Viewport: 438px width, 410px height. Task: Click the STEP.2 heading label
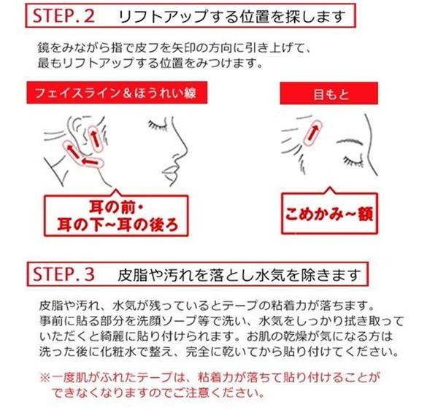click(x=64, y=16)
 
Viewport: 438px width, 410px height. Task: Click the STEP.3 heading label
click(x=64, y=274)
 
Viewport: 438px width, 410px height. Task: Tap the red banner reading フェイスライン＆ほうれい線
click(x=117, y=93)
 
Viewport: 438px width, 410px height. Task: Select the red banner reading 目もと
click(x=329, y=93)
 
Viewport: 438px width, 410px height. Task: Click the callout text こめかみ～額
click(x=329, y=214)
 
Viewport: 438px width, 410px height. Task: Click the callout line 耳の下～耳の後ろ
click(x=118, y=225)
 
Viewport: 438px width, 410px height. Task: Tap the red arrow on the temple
click(x=312, y=133)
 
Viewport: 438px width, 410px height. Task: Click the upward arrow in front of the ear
click(x=95, y=137)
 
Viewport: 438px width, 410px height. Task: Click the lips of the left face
click(x=170, y=173)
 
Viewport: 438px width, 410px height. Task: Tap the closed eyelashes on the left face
click(x=157, y=125)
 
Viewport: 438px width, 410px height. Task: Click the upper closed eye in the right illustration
click(x=350, y=142)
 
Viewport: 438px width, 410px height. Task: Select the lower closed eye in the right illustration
click(x=353, y=160)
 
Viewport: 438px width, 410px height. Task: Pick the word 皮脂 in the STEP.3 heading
click(x=134, y=275)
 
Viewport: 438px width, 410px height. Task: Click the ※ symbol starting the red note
click(x=45, y=378)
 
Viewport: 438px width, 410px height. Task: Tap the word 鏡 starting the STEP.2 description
click(x=44, y=48)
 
